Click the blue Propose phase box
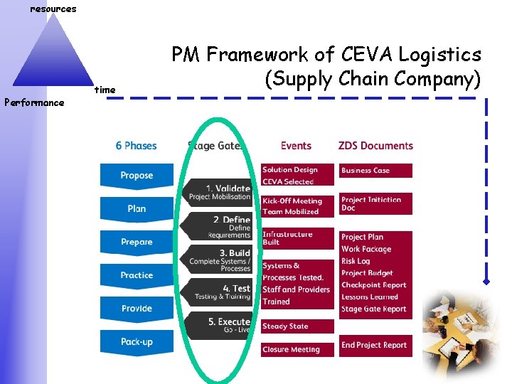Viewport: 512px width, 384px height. click(136, 175)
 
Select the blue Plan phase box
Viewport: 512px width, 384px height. click(136, 208)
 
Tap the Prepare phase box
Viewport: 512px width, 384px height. click(136, 242)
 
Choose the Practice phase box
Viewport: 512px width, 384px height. click(136, 275)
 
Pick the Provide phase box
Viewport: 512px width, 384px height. click(136, 309)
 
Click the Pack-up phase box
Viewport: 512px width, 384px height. click(136, 342)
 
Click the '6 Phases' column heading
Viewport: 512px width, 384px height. click(136, 146)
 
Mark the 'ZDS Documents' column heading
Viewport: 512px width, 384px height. click(375, 146)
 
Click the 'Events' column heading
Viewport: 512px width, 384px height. click(296, 146)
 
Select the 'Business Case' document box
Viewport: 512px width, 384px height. click(375, 171)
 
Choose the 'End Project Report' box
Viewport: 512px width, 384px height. click(375, 346)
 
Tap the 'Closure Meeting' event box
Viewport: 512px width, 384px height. click(297, 350)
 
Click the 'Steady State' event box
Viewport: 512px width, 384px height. click(297, 326)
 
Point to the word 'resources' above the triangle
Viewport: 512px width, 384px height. click(53, 9)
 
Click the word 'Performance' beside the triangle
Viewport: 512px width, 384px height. click(34, 102)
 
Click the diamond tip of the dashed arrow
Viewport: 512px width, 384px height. click(487, 282)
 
